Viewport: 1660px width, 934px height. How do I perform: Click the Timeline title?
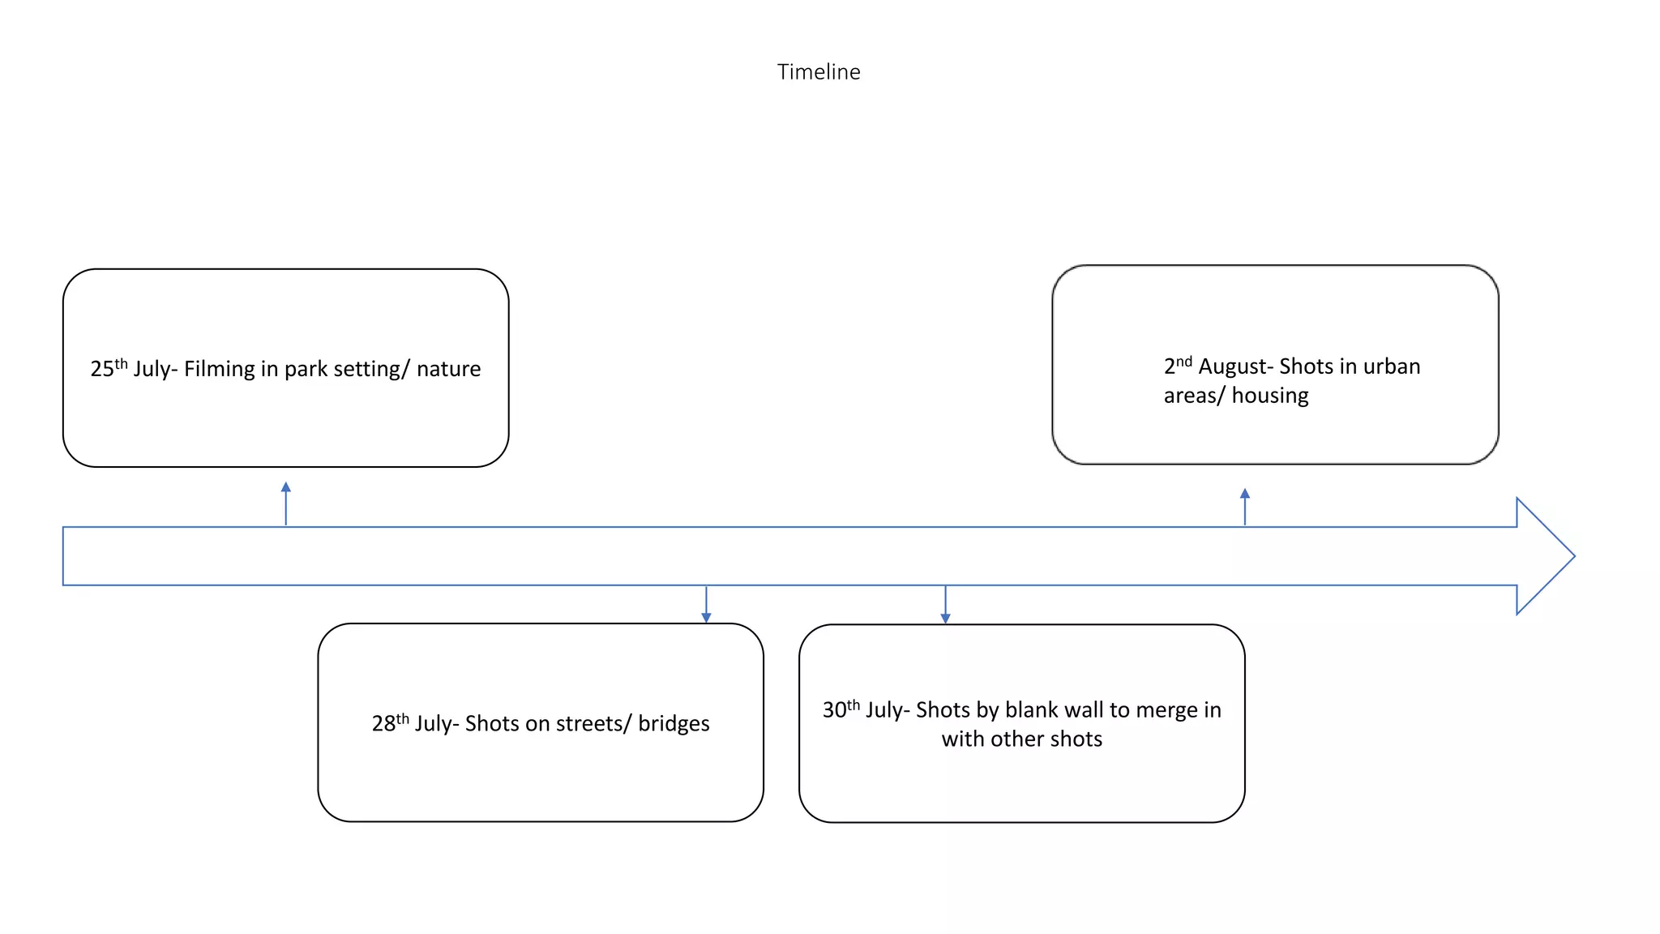(819, 72)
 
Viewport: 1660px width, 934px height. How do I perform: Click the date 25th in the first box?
(109, 368)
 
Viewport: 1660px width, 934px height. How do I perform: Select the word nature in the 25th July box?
(448, 369)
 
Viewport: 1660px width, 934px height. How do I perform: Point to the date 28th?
(390, 722)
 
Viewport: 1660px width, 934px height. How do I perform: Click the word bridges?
(674, 723)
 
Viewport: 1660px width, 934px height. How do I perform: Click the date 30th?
(841, 709)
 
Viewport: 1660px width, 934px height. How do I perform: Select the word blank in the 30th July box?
(1031, 709)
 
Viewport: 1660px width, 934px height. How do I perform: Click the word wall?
(1083, 709)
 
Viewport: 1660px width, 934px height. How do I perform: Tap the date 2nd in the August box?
(1178, 366)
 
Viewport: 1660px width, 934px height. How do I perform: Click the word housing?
(1270, 396)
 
